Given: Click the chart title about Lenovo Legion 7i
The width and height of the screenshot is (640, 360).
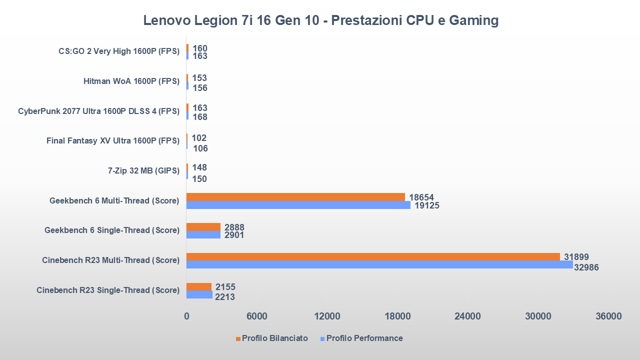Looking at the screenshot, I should coord(320,20).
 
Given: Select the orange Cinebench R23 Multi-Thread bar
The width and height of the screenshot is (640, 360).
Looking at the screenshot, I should coord(372,256).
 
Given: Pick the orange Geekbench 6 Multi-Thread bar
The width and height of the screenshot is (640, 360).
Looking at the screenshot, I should coord(295,197).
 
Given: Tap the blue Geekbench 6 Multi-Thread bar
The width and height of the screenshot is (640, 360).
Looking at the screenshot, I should coord(298,205).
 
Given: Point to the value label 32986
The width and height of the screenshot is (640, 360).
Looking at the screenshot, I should coord(586,267).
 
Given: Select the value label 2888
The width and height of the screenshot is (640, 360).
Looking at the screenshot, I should coord(234,227).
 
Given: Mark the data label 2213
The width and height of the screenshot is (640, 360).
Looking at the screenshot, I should coord(225,297).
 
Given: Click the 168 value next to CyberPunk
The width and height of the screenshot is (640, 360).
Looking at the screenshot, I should coord(200,117).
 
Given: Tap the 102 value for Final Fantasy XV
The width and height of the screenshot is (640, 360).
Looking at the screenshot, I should coord(199,138).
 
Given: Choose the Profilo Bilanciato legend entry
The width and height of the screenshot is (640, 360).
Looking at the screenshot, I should coord(274,338).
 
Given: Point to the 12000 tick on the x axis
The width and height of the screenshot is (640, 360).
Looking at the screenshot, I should coord(327,316).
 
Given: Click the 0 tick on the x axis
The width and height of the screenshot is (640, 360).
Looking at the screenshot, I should coord(186,316).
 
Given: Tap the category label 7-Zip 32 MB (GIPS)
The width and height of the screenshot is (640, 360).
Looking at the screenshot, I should coord(143,171).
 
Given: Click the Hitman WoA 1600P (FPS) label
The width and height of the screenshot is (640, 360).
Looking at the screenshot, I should coord(131,81).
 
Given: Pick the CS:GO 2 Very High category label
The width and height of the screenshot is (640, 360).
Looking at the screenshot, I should coord(119,51).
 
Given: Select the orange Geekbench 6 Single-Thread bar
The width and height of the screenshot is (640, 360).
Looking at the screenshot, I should coord(203,227).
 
